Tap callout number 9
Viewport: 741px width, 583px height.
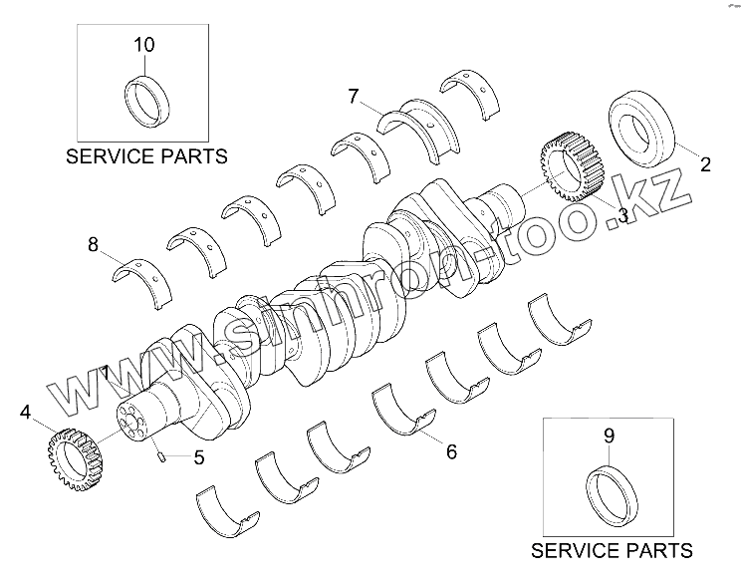[x=610, y=435]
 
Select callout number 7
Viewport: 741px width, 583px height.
[x=353, y=97]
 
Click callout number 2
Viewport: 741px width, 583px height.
[x=704, y=164]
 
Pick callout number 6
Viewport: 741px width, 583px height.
[x=450, y=451]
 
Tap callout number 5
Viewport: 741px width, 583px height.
[x=197, y=458]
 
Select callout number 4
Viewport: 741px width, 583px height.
[x=25, y=410]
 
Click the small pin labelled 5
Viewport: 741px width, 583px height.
[x=161, y=456]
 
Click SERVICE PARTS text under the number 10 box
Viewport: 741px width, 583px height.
[x=145, y=155]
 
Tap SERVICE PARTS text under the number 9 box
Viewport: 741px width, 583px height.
[x=611, y=549]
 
